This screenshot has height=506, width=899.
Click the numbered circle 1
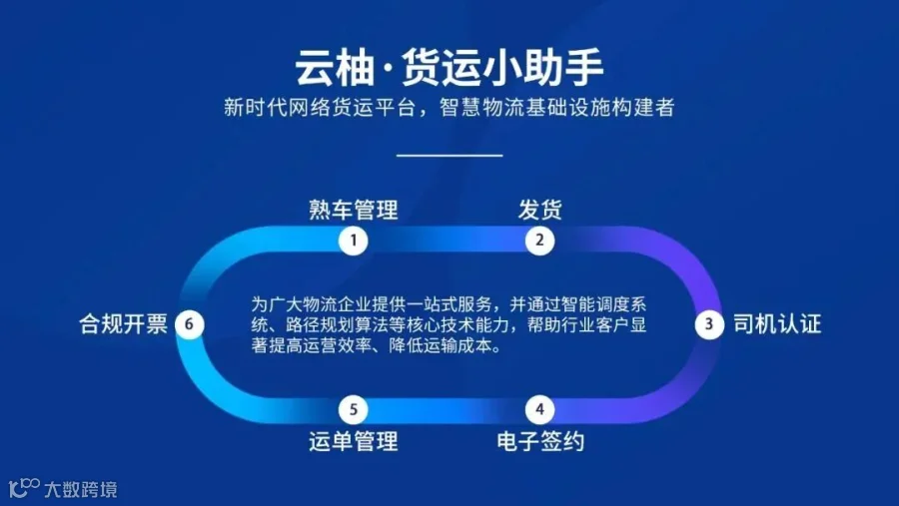pos(354,241)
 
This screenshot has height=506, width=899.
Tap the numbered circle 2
pos(539,241)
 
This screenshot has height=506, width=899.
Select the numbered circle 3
pos(709,324)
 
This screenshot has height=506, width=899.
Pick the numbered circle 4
pos(539,409)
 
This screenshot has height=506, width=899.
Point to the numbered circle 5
pos(354,409)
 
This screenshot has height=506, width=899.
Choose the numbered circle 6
pos(189,324)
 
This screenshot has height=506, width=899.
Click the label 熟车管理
pos(354,210)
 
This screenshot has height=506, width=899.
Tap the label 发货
pos(540,210)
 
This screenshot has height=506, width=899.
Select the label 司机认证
pos(777,324)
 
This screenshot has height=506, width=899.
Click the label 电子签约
pos(540,441)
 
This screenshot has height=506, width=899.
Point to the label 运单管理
pos(354,441)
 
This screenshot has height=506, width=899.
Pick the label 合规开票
pos(123,324)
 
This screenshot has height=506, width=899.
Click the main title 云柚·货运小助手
pos(449,67)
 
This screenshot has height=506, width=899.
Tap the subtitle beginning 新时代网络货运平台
pos(449,107)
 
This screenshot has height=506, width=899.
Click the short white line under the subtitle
pos(449,155)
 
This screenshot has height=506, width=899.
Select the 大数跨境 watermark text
pos(81,489)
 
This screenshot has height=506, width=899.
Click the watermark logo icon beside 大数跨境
pos(24,488)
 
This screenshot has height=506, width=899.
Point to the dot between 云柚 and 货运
pos(388,69)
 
